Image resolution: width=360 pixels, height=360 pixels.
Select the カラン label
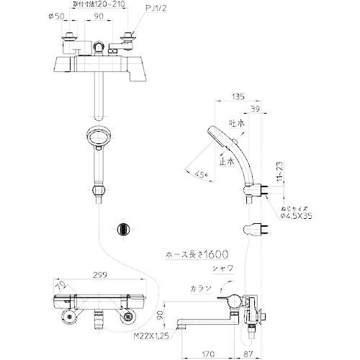pos(202,289)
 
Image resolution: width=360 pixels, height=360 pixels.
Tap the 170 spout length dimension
pos(208,352)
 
